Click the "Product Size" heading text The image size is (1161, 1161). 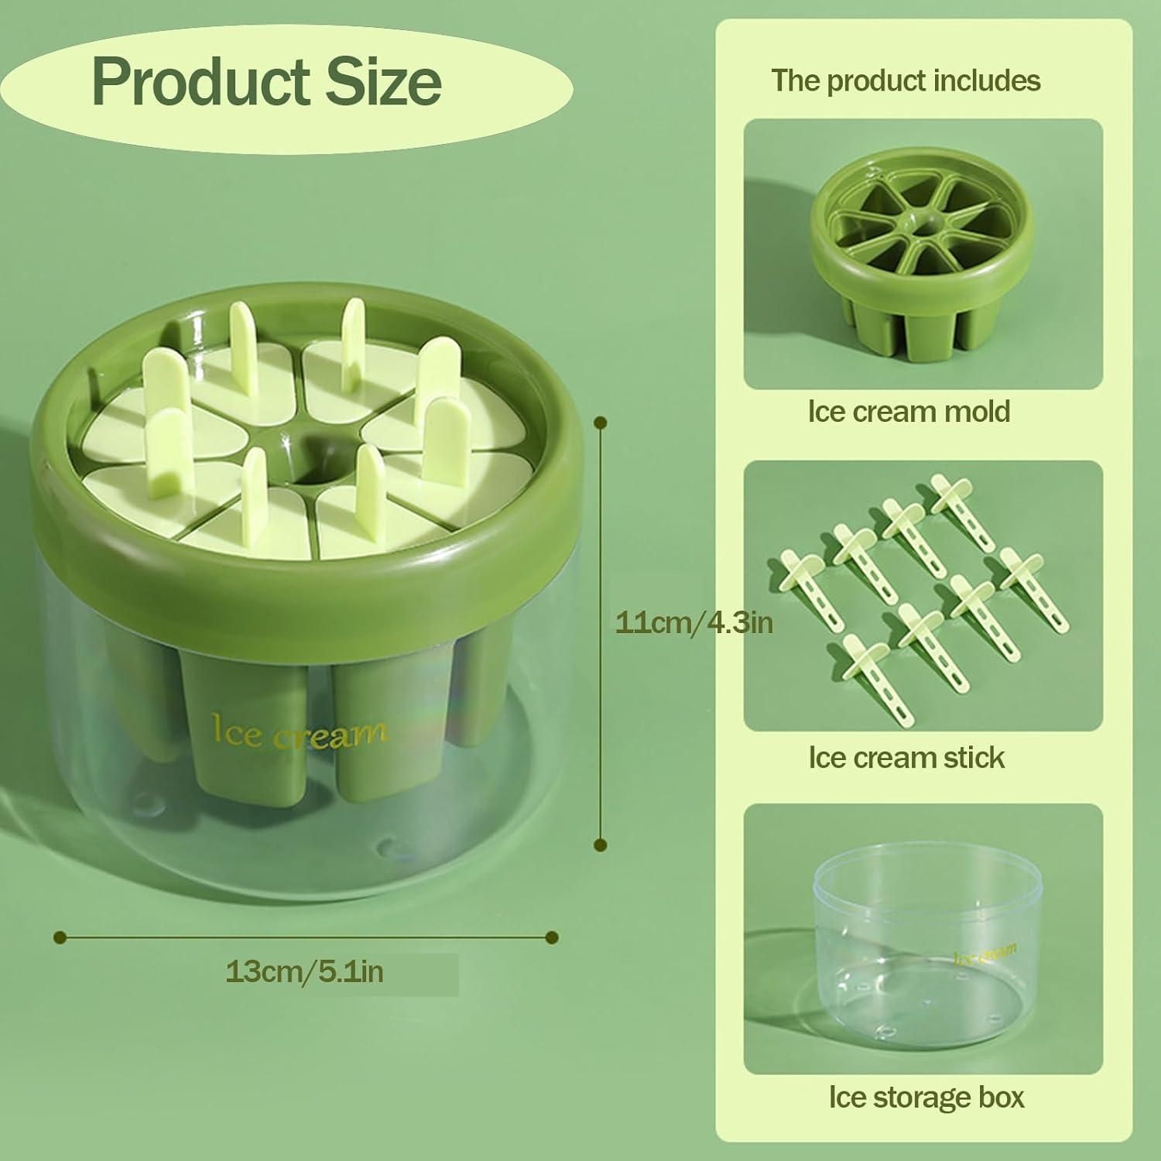(x=266, y=81)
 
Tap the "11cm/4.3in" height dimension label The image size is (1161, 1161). (x=694, y=622)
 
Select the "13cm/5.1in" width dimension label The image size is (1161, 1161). (x=305, y=971)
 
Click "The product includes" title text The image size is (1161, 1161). (x=906, y=80)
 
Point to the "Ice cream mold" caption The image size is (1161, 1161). (x=909, y=411)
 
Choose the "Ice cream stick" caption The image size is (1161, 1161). (x=906, y=757)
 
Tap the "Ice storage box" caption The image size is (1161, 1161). (x=926, y=1097)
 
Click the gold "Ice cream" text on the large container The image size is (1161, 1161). (x=300, y=732)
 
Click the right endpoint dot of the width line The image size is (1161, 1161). (x=552, y=938)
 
